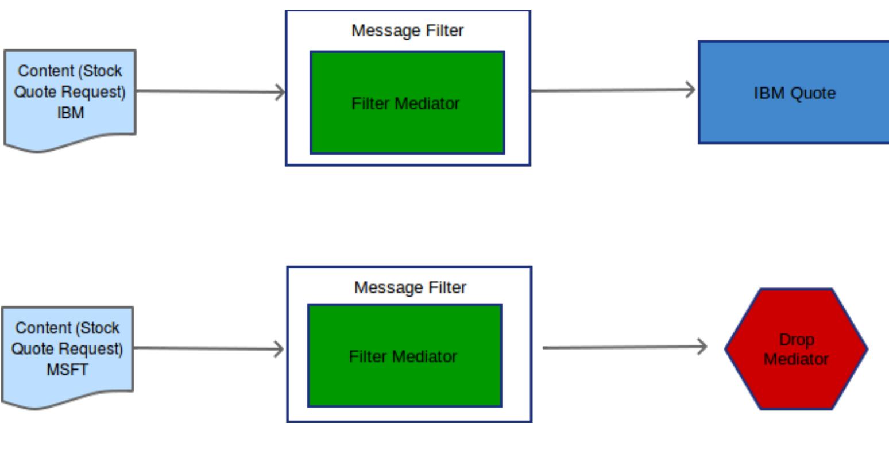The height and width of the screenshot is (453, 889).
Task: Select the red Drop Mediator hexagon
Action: tap(796, 349)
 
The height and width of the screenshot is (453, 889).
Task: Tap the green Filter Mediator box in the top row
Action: tap(407, 126)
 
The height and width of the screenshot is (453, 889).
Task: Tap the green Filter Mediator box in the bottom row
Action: tap(405, 379)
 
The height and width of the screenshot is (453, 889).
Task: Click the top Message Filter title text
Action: tap(407, 30)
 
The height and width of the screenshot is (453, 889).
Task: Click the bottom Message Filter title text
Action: tap(409, 287)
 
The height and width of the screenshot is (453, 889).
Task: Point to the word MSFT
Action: tap(68, 369)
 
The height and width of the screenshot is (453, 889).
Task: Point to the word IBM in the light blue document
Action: tap(70, 113)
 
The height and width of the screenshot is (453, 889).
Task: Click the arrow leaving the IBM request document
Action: tap(210, 91)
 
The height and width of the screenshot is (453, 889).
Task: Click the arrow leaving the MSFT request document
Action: tap(209, 348)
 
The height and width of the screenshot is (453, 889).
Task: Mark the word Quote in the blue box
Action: tap(814, 93)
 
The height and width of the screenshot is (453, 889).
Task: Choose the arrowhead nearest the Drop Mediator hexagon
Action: tap(702, 347)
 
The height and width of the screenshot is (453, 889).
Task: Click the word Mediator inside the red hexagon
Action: tap(796, 359)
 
